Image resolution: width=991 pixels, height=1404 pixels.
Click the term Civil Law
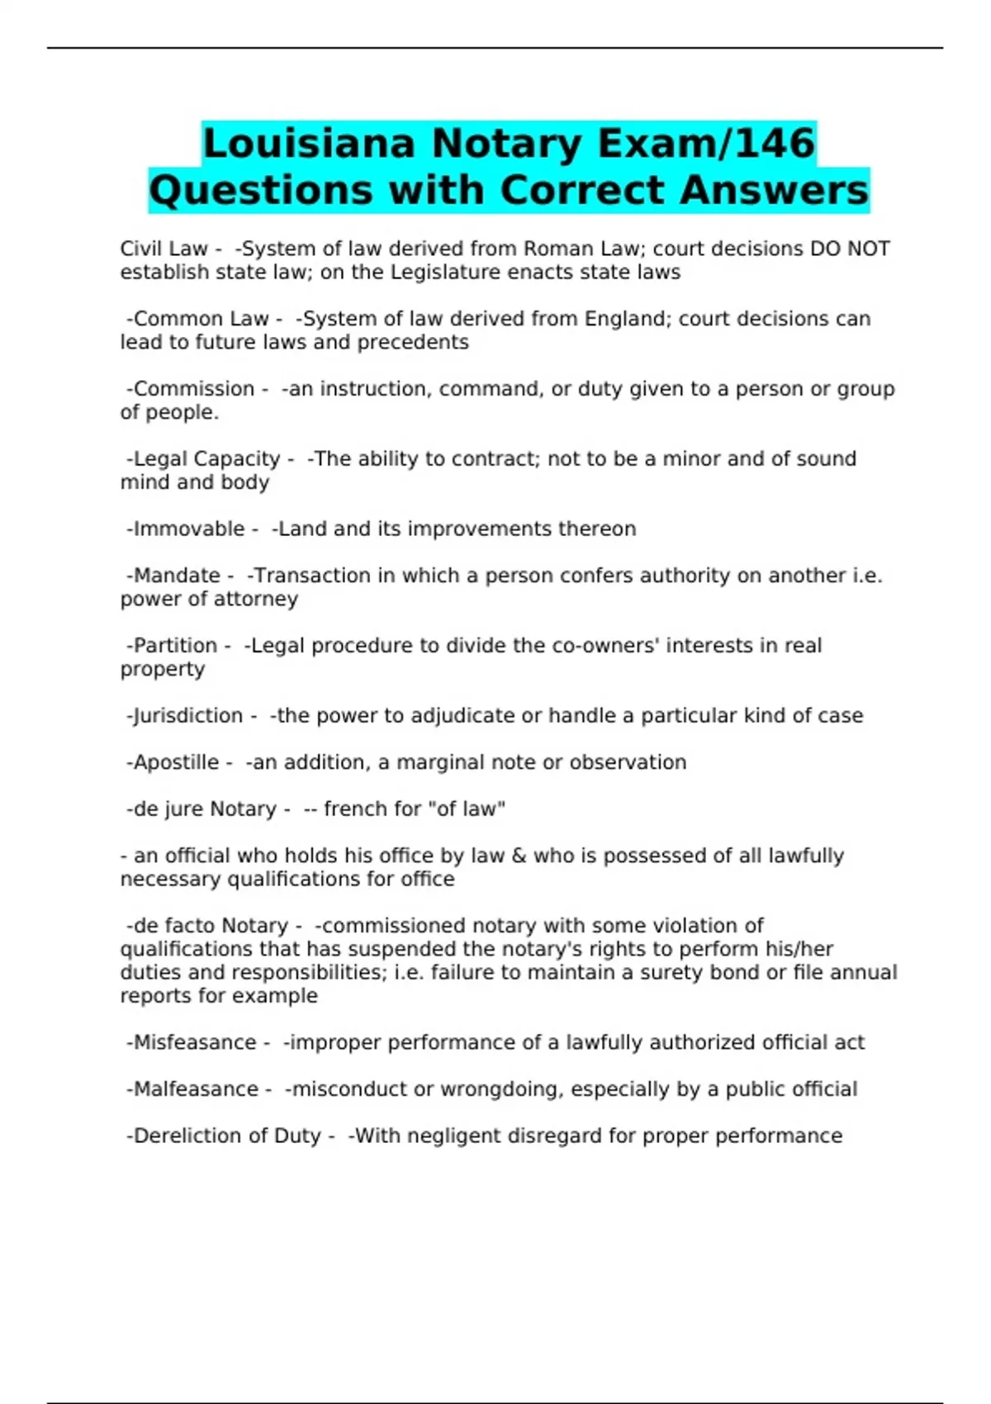164,249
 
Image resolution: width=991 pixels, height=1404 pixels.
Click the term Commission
194,389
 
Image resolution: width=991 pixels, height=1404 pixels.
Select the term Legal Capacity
206,459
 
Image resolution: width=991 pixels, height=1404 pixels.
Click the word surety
660,973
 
